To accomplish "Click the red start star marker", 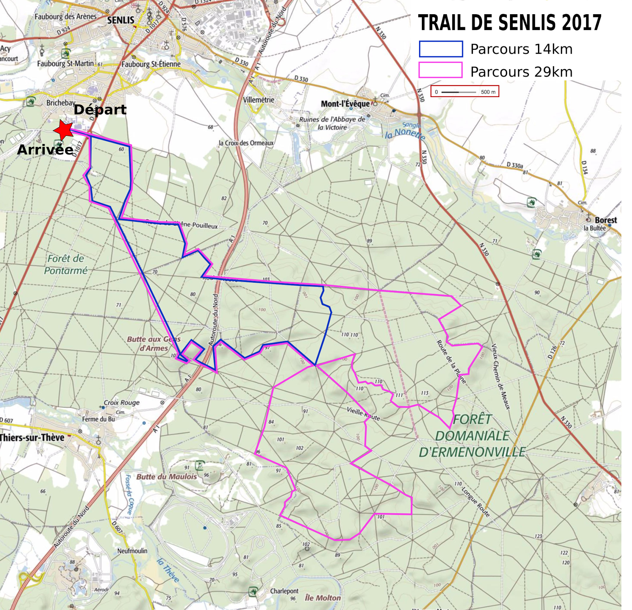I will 64,130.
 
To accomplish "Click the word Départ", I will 100,110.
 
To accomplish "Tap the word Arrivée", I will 45,150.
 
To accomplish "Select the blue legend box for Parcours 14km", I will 440,49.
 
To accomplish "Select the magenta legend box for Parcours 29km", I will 440,70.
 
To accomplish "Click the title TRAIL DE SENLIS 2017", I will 510,23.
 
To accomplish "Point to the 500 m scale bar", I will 465,92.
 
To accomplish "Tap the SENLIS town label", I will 121,20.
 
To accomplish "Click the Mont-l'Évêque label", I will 345,104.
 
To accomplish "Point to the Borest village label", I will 605,220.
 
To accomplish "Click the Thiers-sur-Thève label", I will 32,437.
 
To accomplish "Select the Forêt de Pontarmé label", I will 66,265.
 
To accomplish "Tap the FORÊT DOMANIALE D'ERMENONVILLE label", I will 472,436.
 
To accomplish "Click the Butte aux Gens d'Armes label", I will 153,343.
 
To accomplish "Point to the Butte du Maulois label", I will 166,477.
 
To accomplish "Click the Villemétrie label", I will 258,100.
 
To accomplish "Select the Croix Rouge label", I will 122,403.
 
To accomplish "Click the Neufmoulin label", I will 132,551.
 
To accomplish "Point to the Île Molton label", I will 323,598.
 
